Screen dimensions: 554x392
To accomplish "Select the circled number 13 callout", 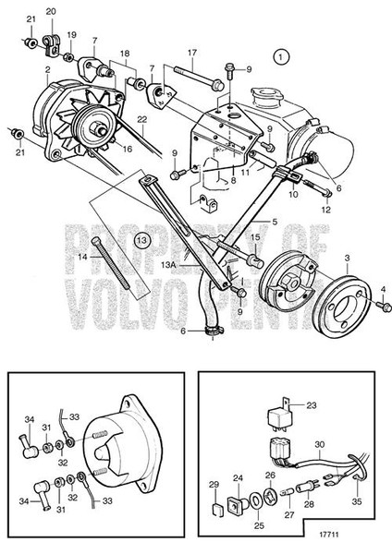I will tap(141, 239).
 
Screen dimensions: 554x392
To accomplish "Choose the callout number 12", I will tap(324, 209).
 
